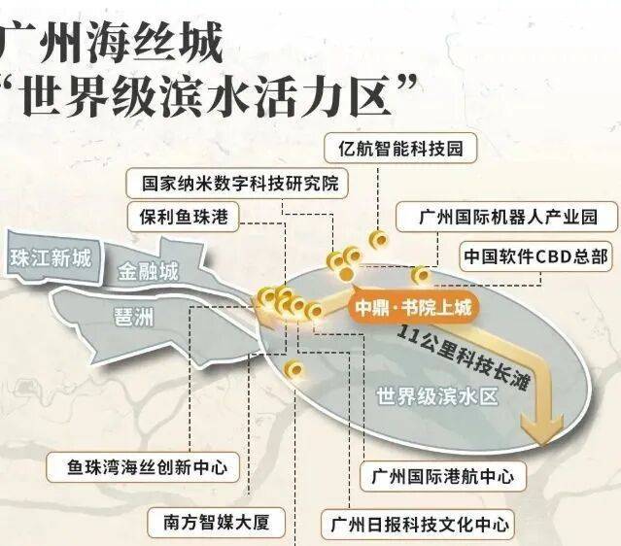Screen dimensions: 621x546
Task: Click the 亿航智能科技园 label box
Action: click(400, 148)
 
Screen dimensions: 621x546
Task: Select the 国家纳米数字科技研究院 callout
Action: click(238, 184)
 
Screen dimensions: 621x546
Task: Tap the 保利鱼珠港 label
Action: click(183, 217)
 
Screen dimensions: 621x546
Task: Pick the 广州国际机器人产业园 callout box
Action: click(506, 217)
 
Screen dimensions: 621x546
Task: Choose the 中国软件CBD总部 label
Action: click(535, 256)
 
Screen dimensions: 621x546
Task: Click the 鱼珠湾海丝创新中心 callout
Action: click(143, 467)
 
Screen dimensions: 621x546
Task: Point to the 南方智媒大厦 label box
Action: click(216, 523)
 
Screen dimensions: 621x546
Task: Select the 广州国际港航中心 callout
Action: click(443, 476)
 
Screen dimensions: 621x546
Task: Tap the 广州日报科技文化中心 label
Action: click(418, 525)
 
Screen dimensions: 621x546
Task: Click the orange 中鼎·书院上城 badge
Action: click(413, 307)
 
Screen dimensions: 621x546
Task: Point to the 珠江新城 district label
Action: click(51, 258)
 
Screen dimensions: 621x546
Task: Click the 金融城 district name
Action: click(148, 271)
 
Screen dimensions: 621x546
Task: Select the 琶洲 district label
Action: click(134, 317)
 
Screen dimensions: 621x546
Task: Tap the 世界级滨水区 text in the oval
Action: click(436, 396)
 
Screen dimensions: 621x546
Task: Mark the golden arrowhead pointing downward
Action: click(542, 427)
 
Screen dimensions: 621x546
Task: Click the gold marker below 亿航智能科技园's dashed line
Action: click(379, 240)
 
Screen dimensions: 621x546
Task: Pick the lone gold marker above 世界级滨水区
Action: click(294, 370)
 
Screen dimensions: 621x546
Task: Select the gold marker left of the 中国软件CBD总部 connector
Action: click(421, 275)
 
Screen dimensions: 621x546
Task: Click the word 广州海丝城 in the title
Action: click(110, 42)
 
